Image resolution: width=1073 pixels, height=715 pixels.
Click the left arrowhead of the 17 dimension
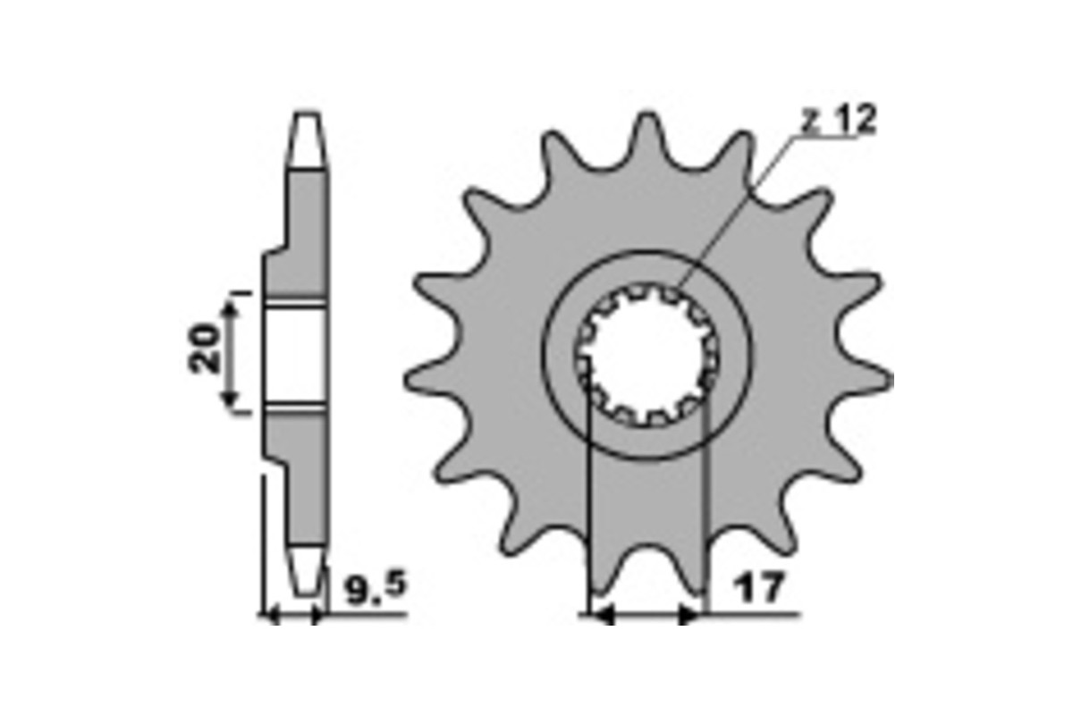click(601, 615)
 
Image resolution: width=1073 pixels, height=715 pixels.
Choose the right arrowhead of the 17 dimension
click(690, 615)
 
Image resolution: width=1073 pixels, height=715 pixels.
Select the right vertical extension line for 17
click(706, 500)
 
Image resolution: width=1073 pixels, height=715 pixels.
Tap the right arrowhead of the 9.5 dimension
click(316, 615)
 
